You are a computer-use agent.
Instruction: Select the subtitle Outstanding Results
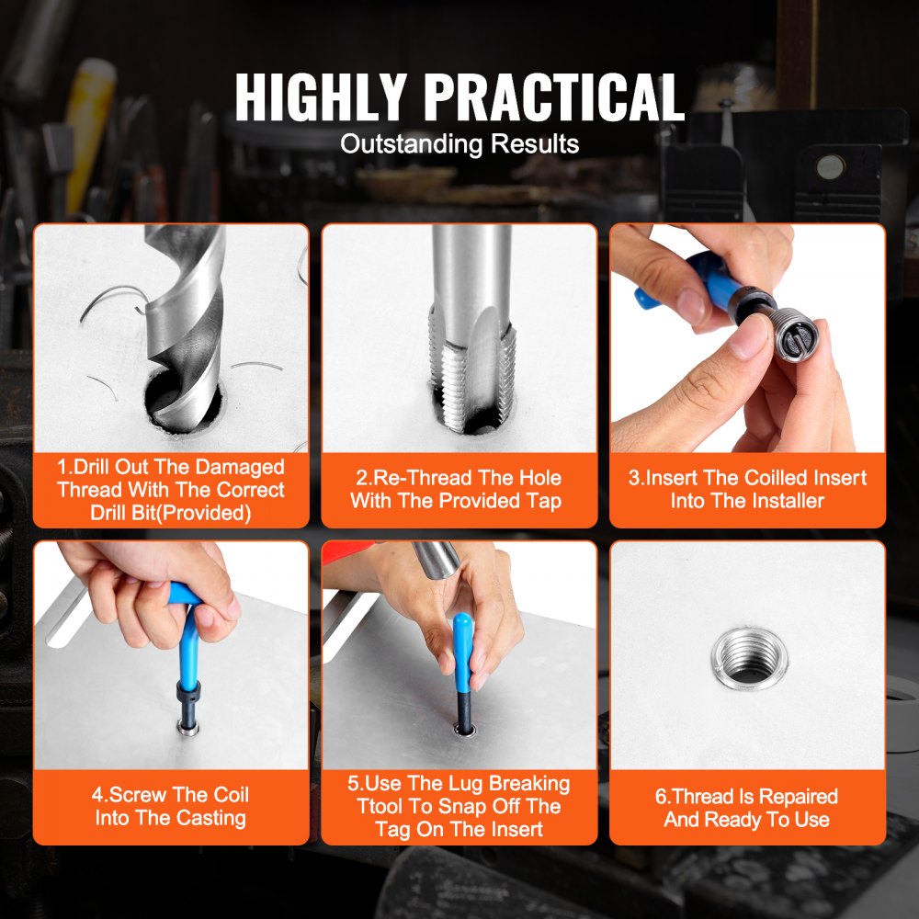tap(459, 144)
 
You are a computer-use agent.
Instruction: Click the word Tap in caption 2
tap(542, 501)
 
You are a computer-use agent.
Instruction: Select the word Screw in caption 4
tap(143, 795)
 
